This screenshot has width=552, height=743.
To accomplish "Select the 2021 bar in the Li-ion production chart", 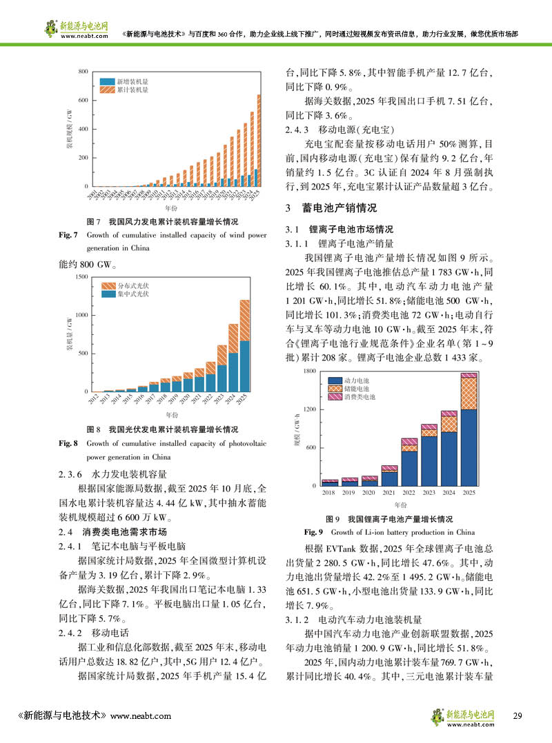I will [389, 476].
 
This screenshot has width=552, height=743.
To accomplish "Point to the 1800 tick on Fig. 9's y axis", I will [310, 371].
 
